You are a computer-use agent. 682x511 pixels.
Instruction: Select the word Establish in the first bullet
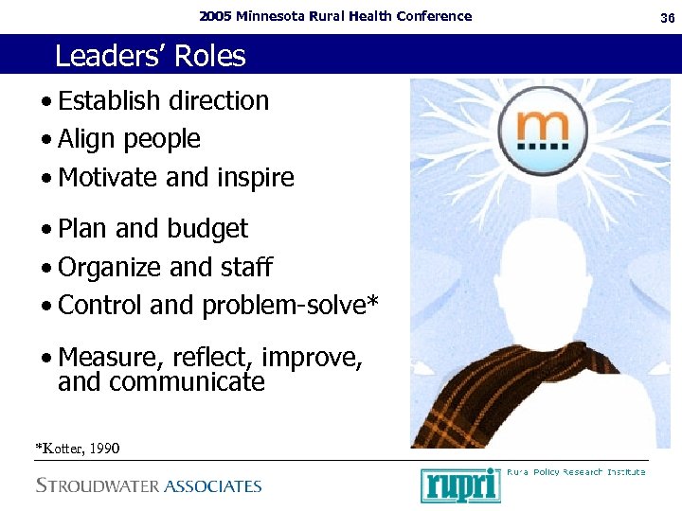pyautogui.click(x=109, y=100)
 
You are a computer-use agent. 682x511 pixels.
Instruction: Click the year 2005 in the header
pyautogui.click(x=217, y=16)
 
